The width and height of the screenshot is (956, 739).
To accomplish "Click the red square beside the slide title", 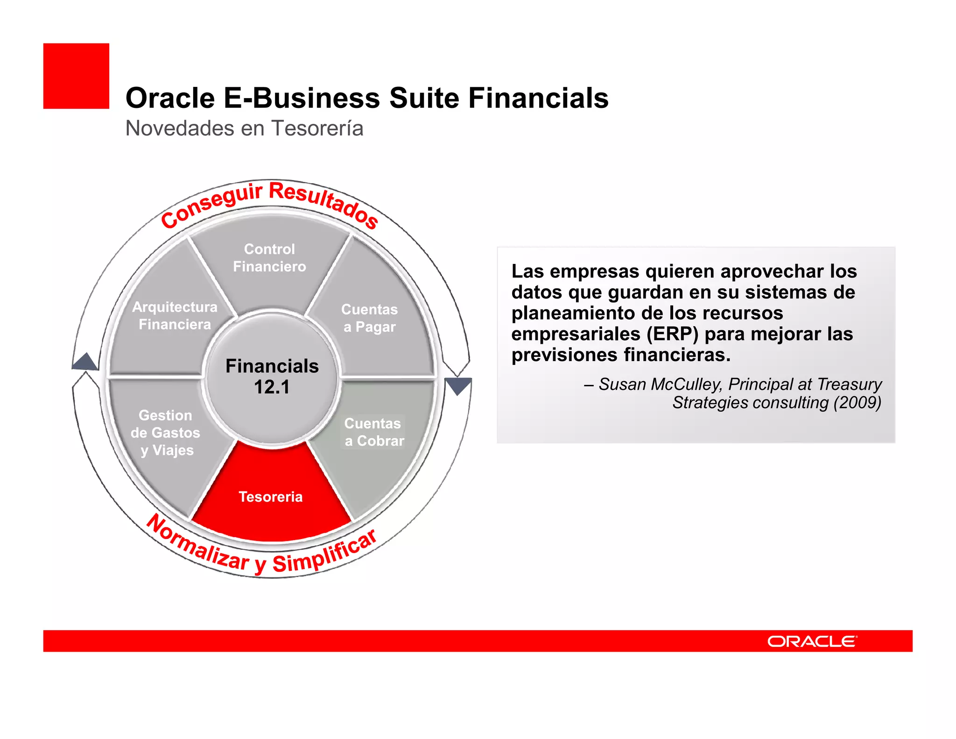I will point(76,76).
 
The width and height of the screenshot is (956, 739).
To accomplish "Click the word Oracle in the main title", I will point(170,99).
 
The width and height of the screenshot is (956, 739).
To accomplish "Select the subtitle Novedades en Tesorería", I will point(244,128).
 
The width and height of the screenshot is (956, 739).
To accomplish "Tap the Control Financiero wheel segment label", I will point(269,258).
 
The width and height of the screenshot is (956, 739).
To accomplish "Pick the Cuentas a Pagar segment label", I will point(369,318).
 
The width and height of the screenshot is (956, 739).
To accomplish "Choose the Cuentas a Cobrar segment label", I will point(374,432).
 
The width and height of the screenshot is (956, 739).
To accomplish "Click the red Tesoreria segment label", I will point(271,497).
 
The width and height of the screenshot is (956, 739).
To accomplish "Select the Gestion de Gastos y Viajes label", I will point(166,433).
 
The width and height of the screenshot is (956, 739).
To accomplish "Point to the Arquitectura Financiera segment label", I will point(175,316).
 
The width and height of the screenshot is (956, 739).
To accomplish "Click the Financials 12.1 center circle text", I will point(272,377).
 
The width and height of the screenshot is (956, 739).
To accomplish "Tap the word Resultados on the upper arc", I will point(324,203).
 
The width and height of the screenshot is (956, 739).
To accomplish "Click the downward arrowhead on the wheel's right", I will point(458,385).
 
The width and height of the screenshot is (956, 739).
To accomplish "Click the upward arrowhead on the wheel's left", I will point(86,362).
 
